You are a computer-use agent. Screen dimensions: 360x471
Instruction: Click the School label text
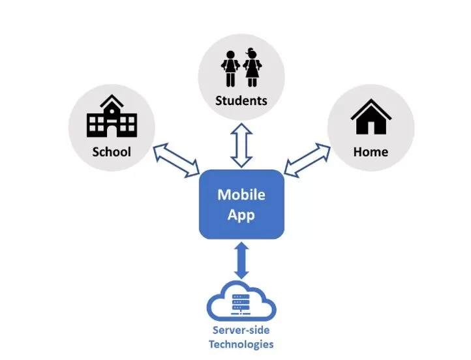click(x=111, y=152)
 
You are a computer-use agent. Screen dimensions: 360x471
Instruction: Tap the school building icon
click(x=112, y=118)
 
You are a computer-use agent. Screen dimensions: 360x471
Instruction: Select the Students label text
click(x=241, y=100)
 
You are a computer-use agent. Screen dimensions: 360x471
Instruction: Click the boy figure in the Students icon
click(x=230, y=68)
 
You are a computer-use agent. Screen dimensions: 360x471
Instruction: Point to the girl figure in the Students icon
click(x=252, y=68)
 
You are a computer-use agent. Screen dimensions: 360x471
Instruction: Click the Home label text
click(x=371, y=152)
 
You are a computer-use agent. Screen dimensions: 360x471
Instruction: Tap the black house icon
click(x=371, y=118)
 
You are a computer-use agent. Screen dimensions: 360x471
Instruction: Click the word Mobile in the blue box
click(x=241, y=194)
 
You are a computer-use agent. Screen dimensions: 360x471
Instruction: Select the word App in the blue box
click(x=241, y=214)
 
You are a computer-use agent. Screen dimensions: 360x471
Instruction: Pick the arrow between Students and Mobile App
click(x=241, y=147)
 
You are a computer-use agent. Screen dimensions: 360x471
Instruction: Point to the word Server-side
click(x=241, y=330)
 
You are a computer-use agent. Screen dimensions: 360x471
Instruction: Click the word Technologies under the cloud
click(x=241, y=344)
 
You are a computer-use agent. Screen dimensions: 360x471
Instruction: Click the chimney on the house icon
click(x=383, y=106)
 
